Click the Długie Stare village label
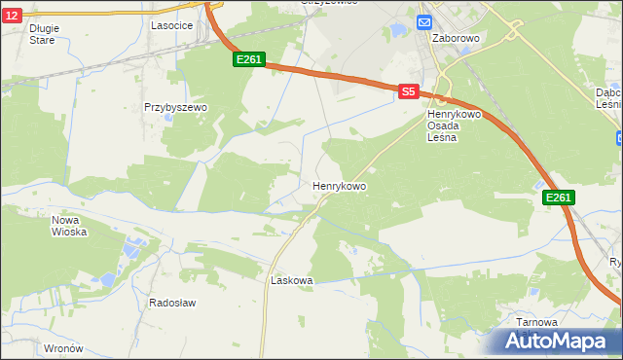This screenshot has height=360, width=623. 43,34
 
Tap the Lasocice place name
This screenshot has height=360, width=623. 170,26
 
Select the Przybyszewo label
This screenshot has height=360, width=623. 176,107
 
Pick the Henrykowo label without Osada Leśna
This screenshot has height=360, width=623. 339,185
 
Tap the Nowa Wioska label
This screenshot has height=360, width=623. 69,226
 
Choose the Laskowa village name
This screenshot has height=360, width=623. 291,280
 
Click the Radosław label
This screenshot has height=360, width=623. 172,303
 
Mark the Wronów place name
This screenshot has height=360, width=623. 63,347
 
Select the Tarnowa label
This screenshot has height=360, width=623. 537,322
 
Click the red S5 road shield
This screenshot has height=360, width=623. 408,90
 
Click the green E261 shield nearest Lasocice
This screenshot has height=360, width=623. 248,60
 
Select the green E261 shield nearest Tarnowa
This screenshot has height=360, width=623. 558,198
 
